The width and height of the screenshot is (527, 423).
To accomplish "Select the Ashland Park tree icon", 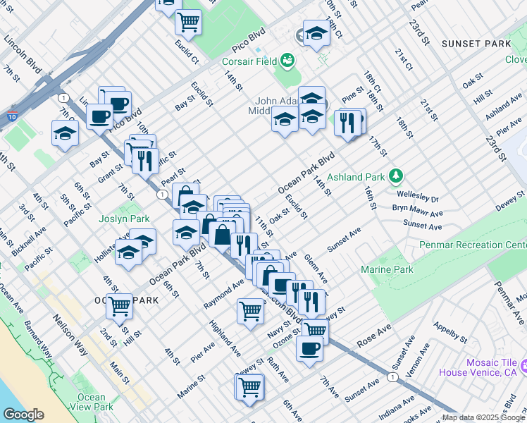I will tap(397, 176).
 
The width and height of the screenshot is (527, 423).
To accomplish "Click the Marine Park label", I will tap(387, 269).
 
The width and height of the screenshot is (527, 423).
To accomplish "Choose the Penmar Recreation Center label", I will tap(473, 245).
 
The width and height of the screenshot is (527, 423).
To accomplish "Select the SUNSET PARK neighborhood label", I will tap(476, 44).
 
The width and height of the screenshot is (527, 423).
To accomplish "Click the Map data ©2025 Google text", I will tap(483, 418).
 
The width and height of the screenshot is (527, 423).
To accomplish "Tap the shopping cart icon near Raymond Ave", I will tap(251, 310).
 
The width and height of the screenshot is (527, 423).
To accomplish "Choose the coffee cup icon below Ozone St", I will tap(309, 348).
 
